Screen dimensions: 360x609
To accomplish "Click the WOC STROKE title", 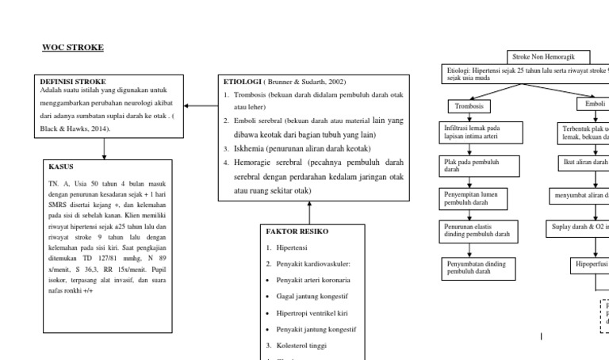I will click(x=72, y=48).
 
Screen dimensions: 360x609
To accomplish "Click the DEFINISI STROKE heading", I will click(x=72, y=81).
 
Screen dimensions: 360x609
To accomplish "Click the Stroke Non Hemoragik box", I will click(x=550, y=57).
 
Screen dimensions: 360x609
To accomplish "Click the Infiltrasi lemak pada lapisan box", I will click(x=470, y=131).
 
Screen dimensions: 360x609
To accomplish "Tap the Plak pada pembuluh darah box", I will click(x=470, y=165).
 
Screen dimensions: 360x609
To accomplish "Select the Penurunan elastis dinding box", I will click(x=470, y=231).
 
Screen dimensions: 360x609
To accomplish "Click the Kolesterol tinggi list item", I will click(x=304, y=346).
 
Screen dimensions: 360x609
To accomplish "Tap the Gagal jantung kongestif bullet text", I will click(x=310, y=297).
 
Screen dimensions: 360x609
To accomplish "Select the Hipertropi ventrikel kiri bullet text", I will click(x=312, y=313).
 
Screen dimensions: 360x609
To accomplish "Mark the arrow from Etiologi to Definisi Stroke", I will click(x=199, y=105).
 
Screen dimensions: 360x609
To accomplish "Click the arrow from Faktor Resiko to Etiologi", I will click(x=309, y=213).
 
